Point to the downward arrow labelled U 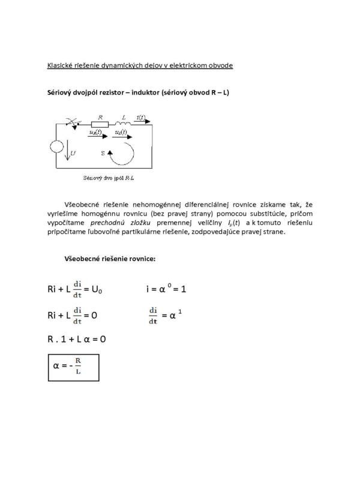click(67, 154)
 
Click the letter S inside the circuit click(103, 153)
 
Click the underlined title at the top click(140, 65)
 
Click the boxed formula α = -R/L click(72, 367)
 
